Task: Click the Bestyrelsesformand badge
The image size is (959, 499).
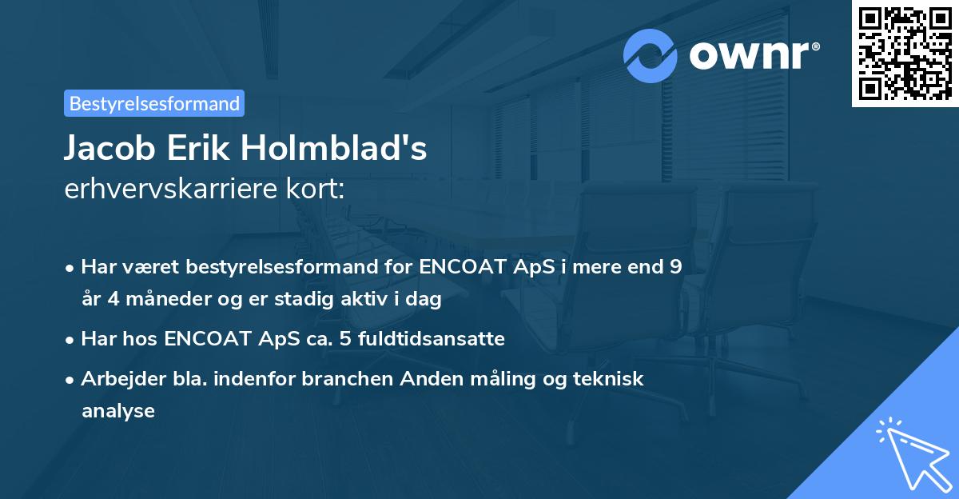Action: pos(154,103)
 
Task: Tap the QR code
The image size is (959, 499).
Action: pos(905,53)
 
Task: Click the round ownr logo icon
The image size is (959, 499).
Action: pos(650,55)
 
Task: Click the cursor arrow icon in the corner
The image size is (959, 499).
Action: pos(911,452)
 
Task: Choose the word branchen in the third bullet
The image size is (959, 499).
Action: pos(340,378)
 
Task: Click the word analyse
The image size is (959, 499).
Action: pos(117,411)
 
